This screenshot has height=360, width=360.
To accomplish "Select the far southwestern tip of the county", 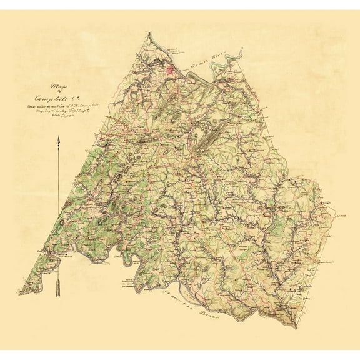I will tap(20, 293).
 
